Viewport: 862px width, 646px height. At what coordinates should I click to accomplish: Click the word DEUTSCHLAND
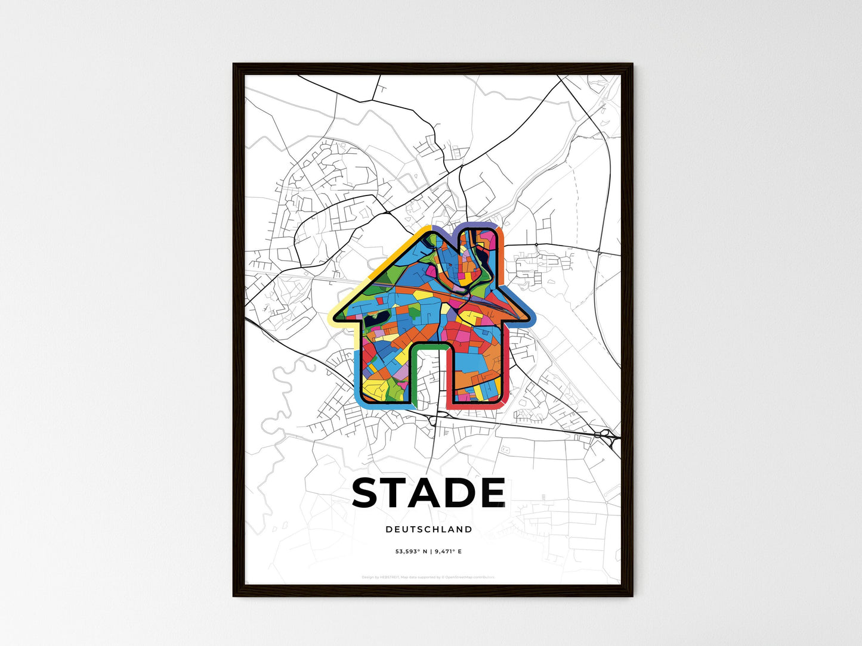(428, 529)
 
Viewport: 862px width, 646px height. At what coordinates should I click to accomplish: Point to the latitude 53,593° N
(411, 552)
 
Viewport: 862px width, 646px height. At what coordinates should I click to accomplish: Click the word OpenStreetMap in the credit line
(467, 577)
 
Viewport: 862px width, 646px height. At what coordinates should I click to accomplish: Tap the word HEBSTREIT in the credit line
(390, 577)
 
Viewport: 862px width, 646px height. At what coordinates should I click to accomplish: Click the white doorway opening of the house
(428, 375)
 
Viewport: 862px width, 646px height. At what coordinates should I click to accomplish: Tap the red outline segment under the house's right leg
(474, 409)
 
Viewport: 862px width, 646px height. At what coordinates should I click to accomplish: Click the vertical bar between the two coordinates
(431, 552)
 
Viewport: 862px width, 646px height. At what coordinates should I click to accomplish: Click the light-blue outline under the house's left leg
(382, 405)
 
